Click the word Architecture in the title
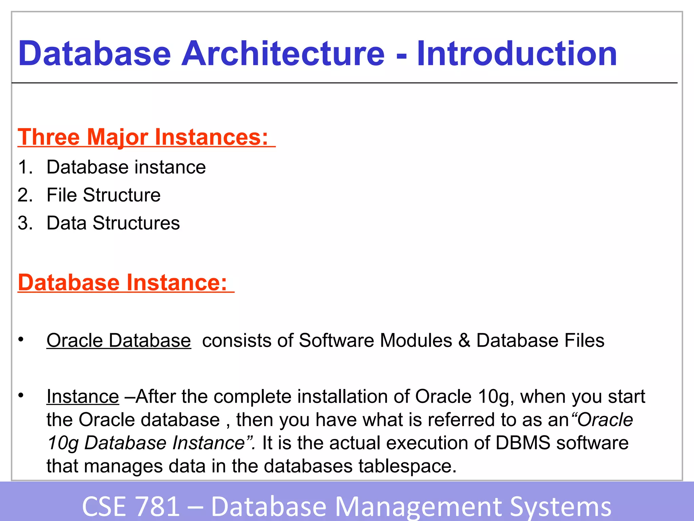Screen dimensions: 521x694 tap(283, 53)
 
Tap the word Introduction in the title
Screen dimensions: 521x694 tap(517, 53)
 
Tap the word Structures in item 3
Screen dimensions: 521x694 tap(136, 223)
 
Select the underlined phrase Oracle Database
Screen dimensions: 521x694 tap(119, 340)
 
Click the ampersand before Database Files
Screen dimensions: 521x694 tap(464, 340)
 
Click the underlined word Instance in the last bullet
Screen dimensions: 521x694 tap(83, 396)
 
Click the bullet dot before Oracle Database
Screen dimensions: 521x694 tap(21, 339)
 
